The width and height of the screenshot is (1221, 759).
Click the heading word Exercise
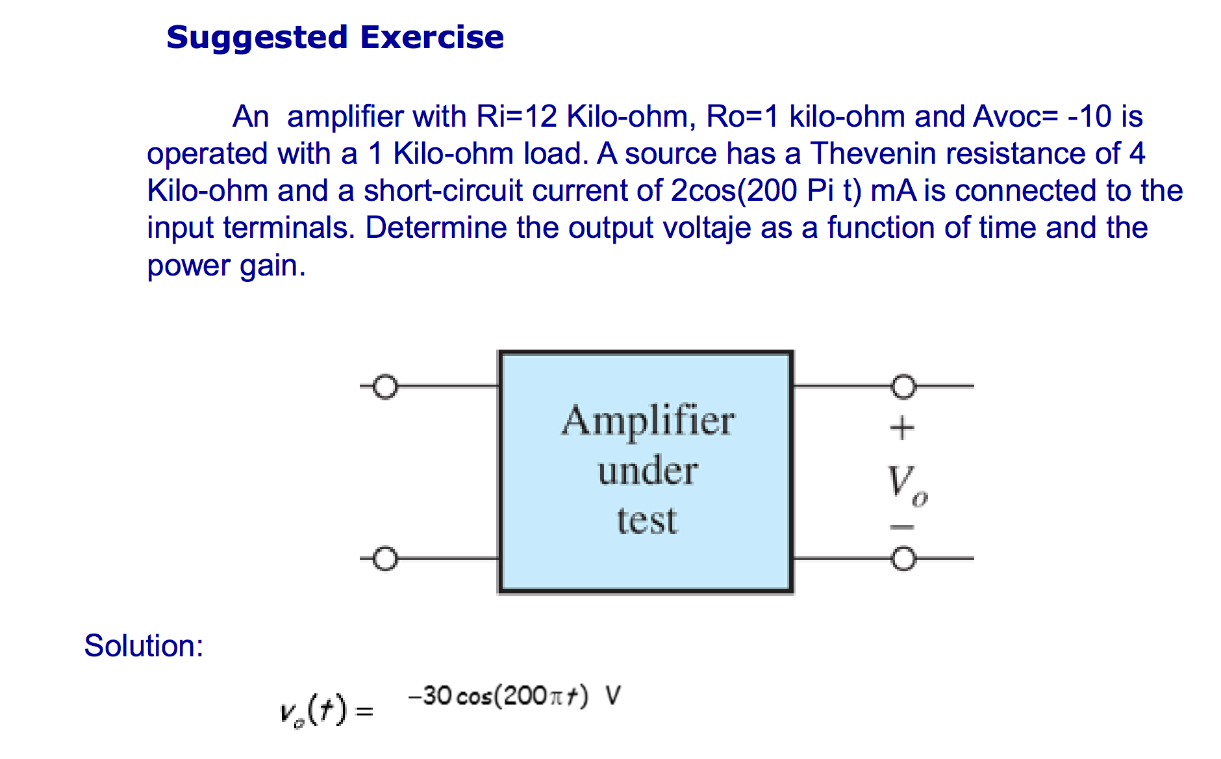[x=432, y=37]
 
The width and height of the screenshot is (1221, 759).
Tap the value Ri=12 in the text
[x=516, y=117]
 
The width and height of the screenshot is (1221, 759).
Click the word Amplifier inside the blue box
[x=648, y=421]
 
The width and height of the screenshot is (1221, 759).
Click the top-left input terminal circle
[x=385, y=387]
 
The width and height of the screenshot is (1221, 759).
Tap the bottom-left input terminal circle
[x=385, y=559]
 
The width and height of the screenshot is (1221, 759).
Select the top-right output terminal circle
[x=903, y=387]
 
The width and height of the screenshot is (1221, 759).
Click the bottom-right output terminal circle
[x=903, y=559]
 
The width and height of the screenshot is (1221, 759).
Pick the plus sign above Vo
[x=901, y=428]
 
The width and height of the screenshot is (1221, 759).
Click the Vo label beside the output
[x=906, y=484]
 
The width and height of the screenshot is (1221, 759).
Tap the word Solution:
[x=144, y=646]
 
